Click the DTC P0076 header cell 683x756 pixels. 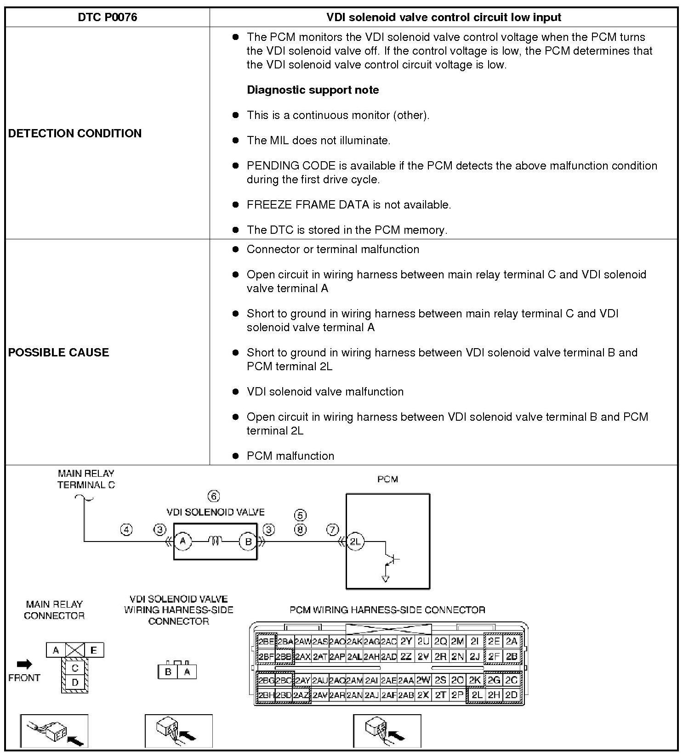108,17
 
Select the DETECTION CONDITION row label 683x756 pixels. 75,133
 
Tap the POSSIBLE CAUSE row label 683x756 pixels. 59,352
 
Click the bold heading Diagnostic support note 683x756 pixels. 313,90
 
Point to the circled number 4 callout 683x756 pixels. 126,530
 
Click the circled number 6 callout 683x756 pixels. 214,496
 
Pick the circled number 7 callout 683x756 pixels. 333,530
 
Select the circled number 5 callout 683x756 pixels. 300,515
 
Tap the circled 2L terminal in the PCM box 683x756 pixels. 355,542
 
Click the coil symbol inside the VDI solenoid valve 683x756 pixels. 215,542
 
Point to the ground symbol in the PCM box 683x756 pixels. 386,578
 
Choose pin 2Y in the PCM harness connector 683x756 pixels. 406,641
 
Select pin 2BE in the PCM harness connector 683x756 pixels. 266,641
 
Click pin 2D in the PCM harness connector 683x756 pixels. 511,695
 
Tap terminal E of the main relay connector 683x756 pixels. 93,650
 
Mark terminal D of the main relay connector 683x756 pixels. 75,683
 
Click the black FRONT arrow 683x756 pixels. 24,664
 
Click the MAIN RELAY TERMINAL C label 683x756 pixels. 86,479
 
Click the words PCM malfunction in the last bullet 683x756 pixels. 290,456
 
